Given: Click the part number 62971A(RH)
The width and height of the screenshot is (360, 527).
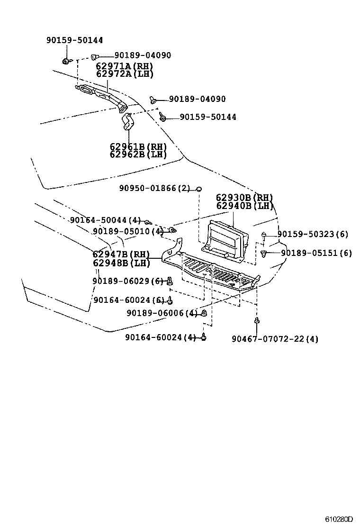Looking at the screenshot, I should (125, 66).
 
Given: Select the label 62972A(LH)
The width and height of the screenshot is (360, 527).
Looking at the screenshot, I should (125, 74).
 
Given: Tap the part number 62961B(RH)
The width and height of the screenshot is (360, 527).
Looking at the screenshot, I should (138, 146).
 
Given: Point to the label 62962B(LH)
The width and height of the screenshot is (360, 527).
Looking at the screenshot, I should (138, 154).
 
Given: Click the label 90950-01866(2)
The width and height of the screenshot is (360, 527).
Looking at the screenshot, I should (154, 189).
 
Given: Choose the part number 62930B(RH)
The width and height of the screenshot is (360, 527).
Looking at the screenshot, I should (245, 198).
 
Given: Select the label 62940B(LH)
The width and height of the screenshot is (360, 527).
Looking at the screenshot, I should (245, 206).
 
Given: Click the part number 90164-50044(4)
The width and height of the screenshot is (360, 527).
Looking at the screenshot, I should (105, 220).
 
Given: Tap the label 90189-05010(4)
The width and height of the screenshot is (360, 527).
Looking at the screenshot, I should (128, 231).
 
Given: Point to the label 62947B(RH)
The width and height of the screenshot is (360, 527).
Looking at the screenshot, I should (121, 254).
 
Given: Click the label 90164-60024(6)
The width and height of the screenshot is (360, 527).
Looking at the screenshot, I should (129, 300).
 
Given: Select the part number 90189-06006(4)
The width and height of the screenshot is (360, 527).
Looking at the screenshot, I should (162, 313).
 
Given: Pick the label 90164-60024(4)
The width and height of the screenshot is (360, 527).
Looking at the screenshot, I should (160, 337).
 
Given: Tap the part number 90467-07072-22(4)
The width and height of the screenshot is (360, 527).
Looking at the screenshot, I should (275, 339).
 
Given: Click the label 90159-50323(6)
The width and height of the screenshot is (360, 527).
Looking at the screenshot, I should (313, 234).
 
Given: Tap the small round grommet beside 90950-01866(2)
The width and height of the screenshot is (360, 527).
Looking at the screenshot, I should (199, 189).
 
